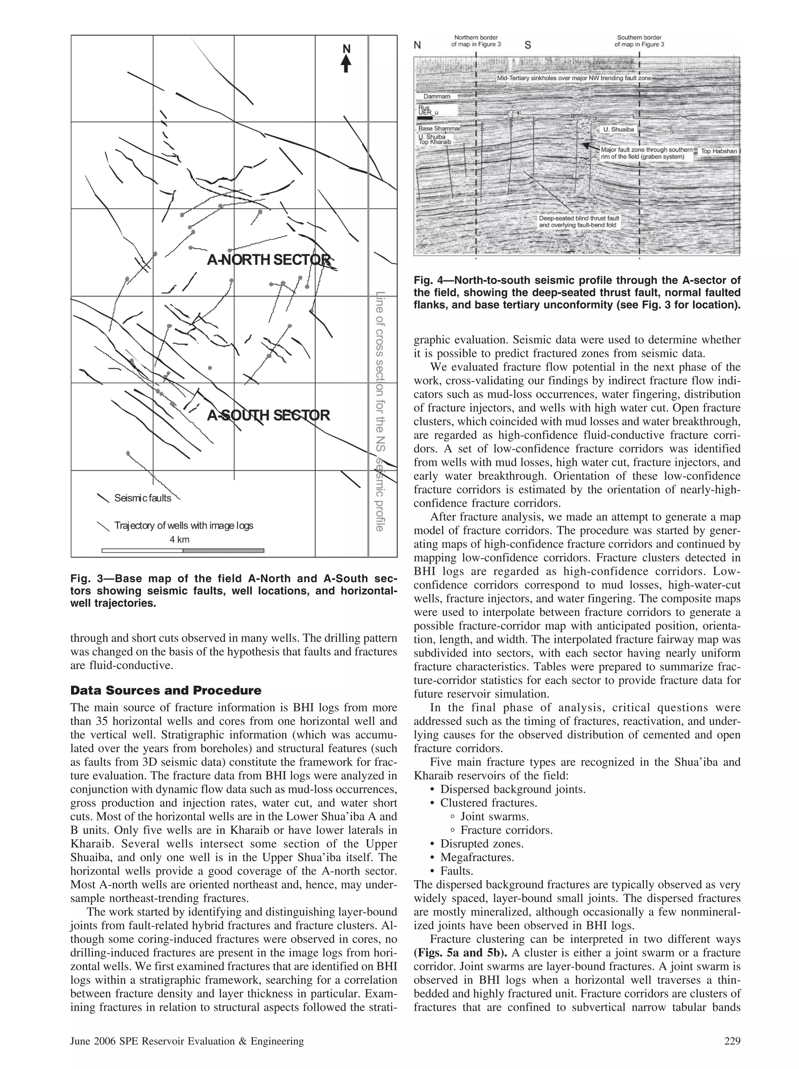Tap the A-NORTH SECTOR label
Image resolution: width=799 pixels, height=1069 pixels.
click(269, 260)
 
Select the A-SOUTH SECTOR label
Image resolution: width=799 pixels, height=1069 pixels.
click(269, 415)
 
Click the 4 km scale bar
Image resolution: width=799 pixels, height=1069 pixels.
click(183, 550)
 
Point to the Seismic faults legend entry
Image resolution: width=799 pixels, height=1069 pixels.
click(142, 498)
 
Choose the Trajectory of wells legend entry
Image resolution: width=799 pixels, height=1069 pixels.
click(183, 525)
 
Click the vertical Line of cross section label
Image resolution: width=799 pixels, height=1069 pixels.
click(380, 411)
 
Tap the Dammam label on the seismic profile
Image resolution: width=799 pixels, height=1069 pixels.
click(437, 96)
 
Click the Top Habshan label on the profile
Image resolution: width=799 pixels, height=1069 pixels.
click(719, 151)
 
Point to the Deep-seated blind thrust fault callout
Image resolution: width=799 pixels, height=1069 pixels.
click(579, 222)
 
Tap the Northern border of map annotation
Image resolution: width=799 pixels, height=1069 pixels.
click(476, 41)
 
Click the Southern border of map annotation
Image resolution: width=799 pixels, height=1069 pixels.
click(639, 41)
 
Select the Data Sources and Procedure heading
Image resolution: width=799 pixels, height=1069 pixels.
click(166, 690)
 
